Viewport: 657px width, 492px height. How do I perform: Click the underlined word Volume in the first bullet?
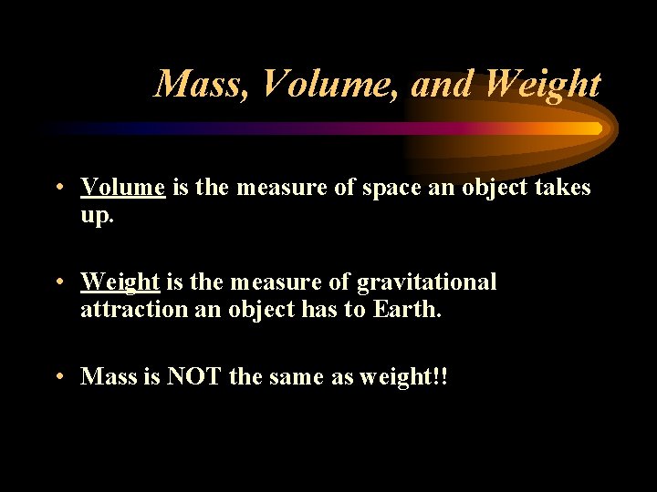pos(122,188)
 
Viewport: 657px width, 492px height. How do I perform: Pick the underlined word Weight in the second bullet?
pos(120,282)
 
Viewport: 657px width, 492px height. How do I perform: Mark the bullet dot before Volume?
pos(57,189)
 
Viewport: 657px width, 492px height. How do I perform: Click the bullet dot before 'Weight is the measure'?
pos(57,282)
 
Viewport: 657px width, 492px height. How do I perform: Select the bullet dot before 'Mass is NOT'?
pos(57,376)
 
